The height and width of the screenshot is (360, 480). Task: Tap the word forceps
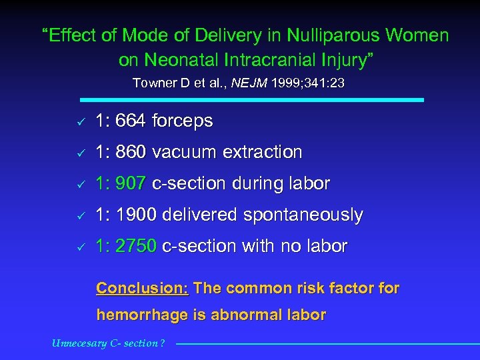[x=182, y=122]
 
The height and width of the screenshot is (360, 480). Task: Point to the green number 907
[x=131, y=183]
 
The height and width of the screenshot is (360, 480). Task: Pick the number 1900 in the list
[x=136, y=215]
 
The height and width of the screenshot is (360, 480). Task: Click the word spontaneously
[x=303, y=215]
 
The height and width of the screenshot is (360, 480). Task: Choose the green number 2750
[x=136, y=246]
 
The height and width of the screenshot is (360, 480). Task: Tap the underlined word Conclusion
[x=143, y=288]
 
